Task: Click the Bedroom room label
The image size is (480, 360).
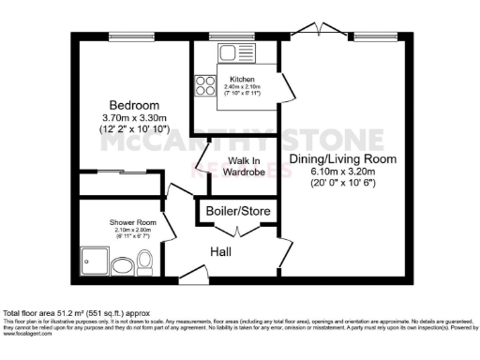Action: click(x=133, y=104)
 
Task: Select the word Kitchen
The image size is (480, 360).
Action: click(x=234, y=79)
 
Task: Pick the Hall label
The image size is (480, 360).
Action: click(x=220, y=251)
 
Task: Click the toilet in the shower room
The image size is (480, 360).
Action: click(x=144, y=265)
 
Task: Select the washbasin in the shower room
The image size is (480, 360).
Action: click(x=122, y=268)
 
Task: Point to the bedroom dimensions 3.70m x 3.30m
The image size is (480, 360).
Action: click(x=133, y=118)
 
